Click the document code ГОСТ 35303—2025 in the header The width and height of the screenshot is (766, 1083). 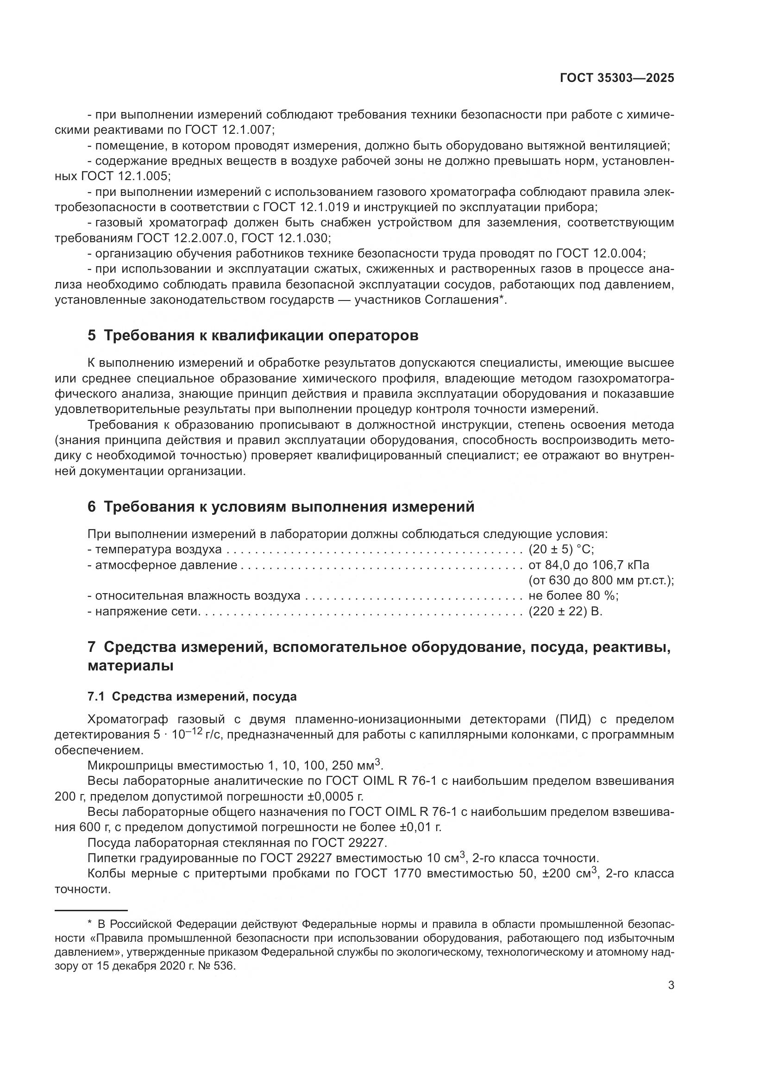[x=617, y=78]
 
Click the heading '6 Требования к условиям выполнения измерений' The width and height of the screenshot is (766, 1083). [x=281, y=507]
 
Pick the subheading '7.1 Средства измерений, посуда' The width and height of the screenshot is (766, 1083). [x=192, y=697]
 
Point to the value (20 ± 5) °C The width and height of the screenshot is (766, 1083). [x=561, y=550]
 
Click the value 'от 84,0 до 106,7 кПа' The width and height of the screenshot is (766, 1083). [x=589, y=565]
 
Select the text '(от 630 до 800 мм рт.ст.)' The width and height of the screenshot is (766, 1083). [x=601, y=580]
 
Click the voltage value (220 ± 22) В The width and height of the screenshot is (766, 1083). [x=565, y=612]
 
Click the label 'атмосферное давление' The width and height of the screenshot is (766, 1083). [x=167, y=565]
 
